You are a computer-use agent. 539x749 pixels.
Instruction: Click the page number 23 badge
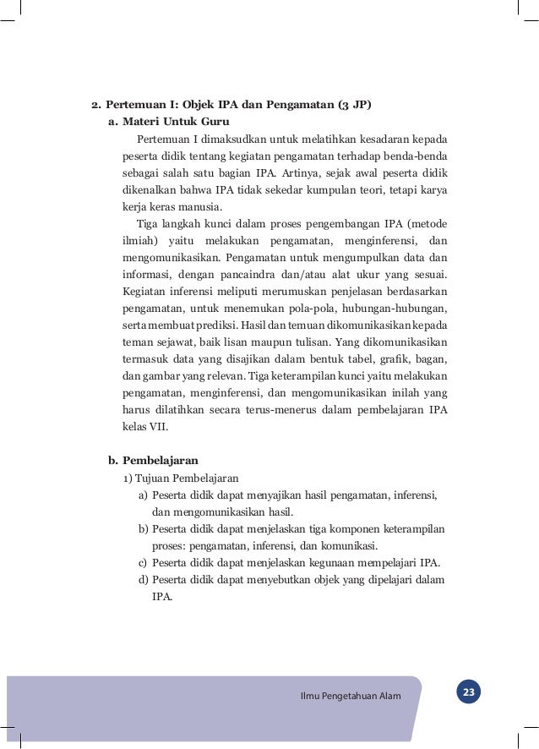point(468,694)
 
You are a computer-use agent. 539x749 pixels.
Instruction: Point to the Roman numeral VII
point(158,427)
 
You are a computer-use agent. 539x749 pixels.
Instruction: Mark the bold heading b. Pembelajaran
point(153,461)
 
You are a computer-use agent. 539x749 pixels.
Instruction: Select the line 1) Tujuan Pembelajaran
point(182,478)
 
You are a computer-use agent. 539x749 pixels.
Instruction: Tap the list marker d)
point(143,580)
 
